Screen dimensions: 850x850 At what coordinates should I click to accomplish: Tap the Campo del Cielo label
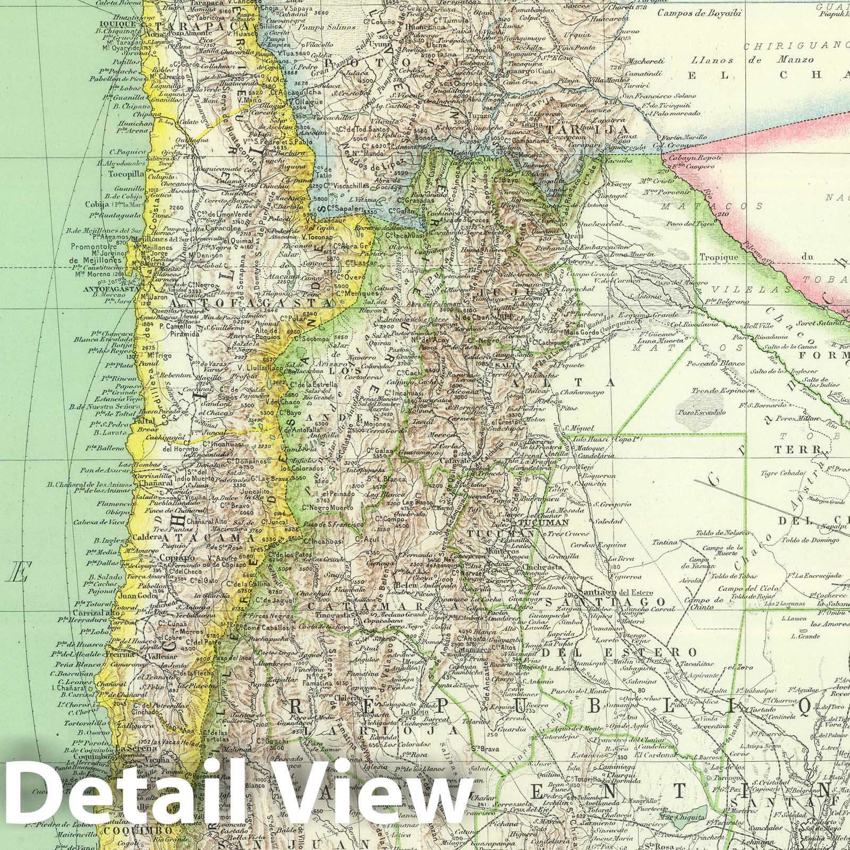tap(749, 589)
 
